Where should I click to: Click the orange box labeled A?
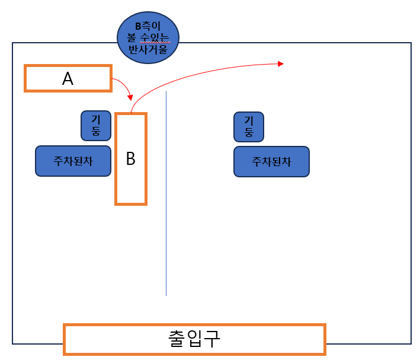click(68, 78)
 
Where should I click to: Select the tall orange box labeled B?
click(130, 159)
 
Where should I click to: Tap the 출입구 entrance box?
click(194, 339)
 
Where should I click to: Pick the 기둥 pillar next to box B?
click(95, 125)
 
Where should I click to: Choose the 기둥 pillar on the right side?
click(249, 126)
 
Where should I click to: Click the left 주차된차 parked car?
click(73, 161)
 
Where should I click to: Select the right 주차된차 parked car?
click(271, 161)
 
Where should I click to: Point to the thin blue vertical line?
click(166, 196)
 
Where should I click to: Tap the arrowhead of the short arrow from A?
click(130, 97)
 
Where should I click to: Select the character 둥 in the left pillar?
click(96, 131)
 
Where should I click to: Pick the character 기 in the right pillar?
click(249, 120)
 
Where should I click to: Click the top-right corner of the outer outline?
click(411, 43)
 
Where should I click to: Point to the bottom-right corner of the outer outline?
click(411, 343)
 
